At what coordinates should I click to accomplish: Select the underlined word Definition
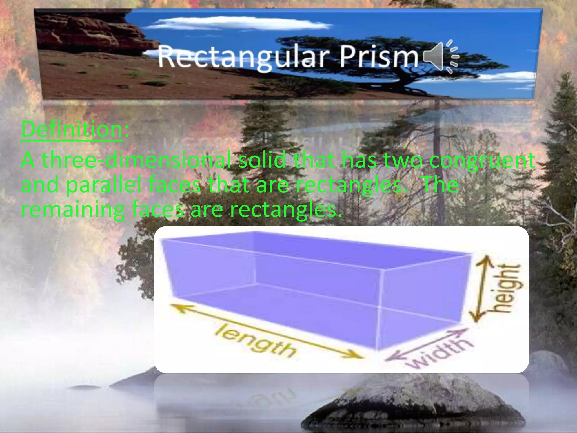[x=72, y=129]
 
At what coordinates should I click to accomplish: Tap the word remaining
[x=73, y=210]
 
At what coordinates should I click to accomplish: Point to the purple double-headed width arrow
[x=425, y=345]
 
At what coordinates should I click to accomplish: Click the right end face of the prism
[x=423, y=304]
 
